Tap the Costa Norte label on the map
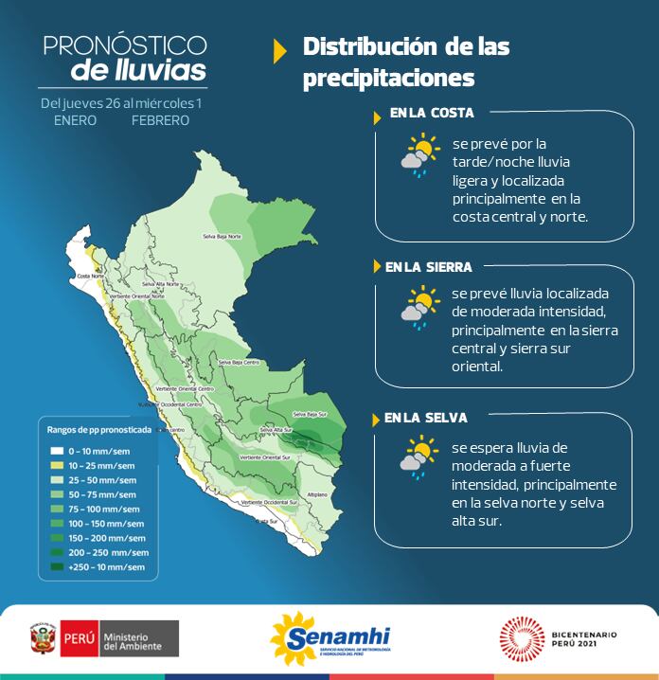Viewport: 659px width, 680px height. coord(90,276)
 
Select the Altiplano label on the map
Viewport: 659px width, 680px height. coord(316,494)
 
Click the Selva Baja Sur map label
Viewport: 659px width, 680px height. coord(311,414)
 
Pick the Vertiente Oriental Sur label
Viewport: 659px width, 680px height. coord(264,456)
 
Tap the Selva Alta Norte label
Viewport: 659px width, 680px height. coord(161,283)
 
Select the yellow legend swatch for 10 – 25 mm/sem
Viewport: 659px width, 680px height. coord(57,465)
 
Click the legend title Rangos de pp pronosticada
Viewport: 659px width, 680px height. coord(98,429)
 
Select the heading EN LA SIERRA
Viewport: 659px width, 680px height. coord(428,267)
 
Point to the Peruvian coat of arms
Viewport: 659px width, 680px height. coord(41,639)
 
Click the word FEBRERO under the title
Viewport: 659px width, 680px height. coord(160,120)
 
